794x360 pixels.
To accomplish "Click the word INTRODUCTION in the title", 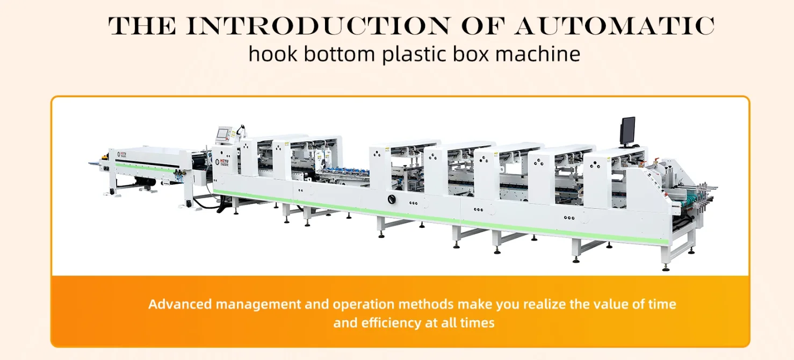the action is coord(317,26).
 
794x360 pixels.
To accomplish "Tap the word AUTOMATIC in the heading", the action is coord(614,26).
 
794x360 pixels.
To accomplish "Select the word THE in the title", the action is coord(142,26).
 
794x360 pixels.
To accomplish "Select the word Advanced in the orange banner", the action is coord(180,304).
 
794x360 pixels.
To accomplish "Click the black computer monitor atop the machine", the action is coord(627,130).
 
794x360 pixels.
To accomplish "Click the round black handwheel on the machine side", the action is coord(391,199).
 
